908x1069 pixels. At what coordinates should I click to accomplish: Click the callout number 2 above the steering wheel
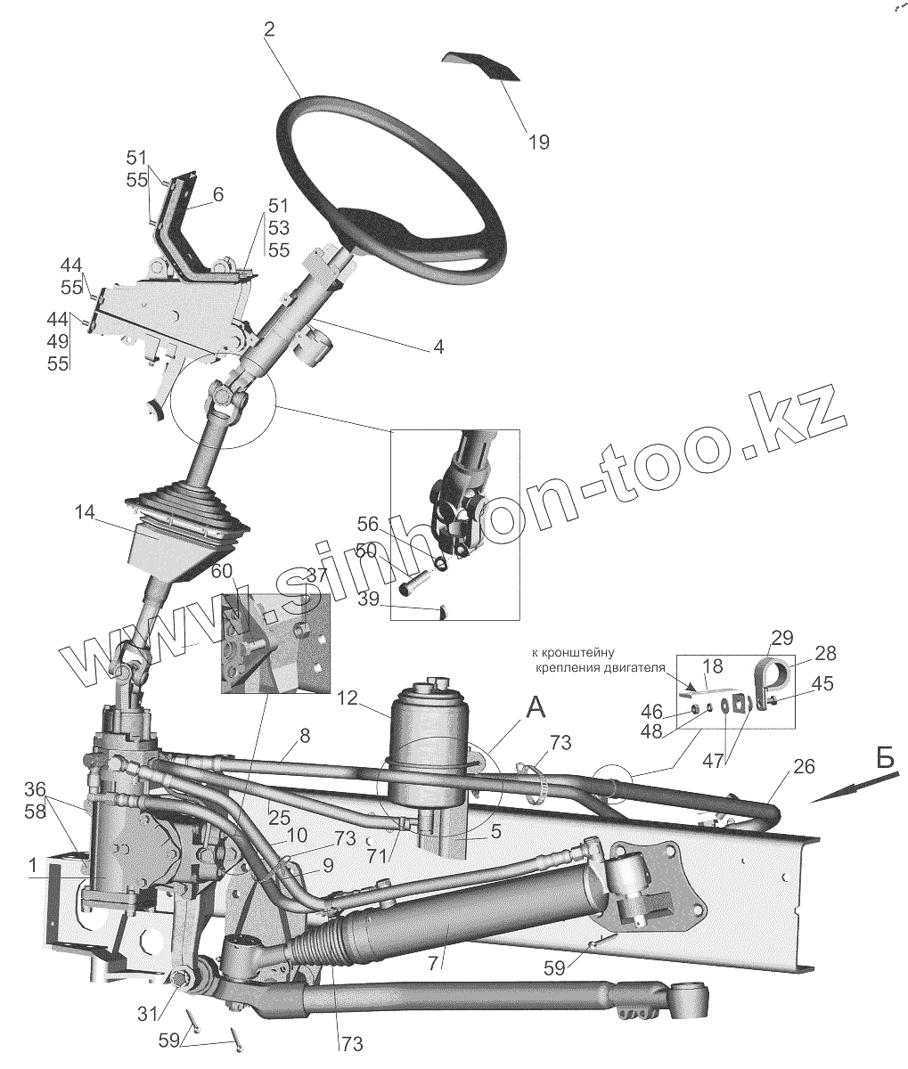point(269,29)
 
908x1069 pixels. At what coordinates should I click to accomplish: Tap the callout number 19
point(538,141)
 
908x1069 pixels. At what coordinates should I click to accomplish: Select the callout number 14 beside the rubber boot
point(85,513)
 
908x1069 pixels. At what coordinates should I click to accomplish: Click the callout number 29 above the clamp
point(781,637)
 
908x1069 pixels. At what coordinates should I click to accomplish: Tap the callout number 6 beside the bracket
point(218,193)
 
